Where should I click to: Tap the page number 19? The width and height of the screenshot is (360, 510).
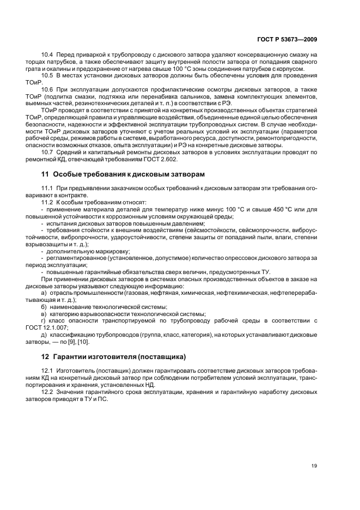[x=314, y=465]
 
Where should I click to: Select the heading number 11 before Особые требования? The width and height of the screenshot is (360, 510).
[x=45, y=174]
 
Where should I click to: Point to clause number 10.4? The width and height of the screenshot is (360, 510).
[x=46, y=55]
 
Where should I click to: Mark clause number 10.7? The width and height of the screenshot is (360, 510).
[x=46, y=151]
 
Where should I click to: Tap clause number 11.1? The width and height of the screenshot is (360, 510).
[x=46, y=188]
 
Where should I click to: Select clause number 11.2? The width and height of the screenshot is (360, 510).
[x=46, y=202]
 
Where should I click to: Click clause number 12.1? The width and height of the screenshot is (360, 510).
[x=46, y=371]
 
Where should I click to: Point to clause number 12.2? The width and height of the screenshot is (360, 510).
[x=46, y=391]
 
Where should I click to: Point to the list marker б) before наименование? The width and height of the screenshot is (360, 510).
[x=44, y=307]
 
